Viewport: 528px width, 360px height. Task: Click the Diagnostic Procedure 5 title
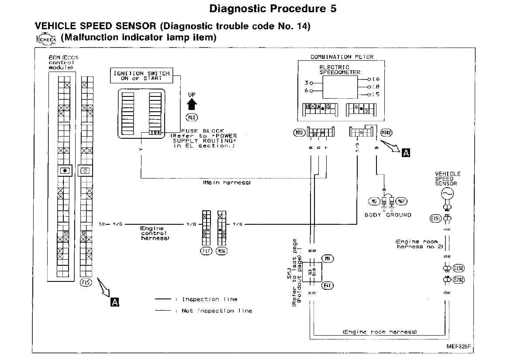click(x=273, y=9)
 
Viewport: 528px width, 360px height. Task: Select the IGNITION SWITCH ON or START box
click(x=141, y=76)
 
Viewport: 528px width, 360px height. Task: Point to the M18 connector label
click(x=192, y=117)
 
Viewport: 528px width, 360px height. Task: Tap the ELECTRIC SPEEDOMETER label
click(x=340, y=70)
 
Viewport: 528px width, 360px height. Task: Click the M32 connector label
click(x=299, y=132)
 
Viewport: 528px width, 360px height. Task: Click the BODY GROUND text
click(x=388, y=215)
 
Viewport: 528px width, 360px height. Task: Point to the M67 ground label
click(x=402, y=202)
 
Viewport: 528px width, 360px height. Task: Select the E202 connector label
click(x=459, y=280)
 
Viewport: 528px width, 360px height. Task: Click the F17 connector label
click(x=206, y=251)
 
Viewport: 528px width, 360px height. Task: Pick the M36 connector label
click(x=222, y=251)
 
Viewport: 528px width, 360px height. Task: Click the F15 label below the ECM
click(x=86, y=282)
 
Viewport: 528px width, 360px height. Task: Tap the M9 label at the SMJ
click(x=328, y=259)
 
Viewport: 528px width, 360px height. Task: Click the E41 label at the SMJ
click(x=328, y=285)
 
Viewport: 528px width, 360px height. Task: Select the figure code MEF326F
click(x=459, y=346)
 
